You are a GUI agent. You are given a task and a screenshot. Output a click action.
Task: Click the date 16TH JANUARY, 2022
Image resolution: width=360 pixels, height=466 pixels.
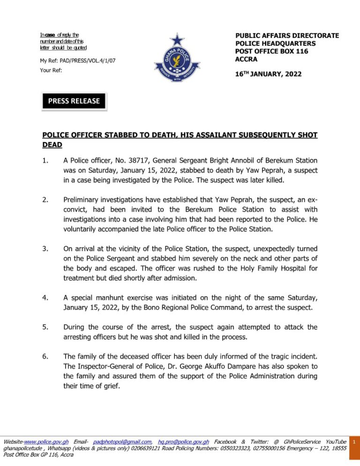[268, 74]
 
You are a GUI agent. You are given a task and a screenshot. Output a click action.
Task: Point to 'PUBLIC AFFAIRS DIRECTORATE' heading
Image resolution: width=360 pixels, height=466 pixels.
[286, 36]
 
